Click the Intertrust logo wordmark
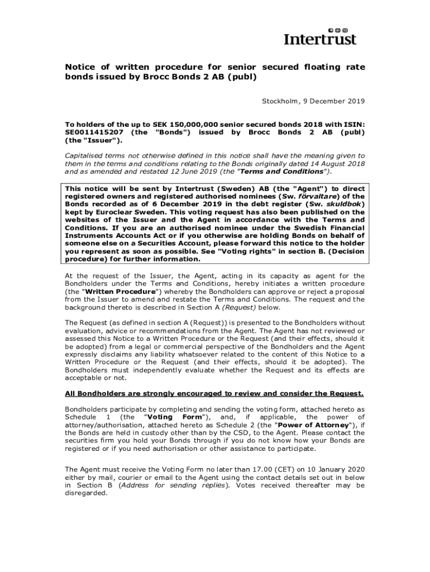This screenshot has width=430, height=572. pyautogui.click(x=320, y=39)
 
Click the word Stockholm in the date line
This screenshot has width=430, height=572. pyautogui.click(x=278, y=101)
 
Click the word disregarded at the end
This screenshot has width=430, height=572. pyautogui.click(x=85, y=493)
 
